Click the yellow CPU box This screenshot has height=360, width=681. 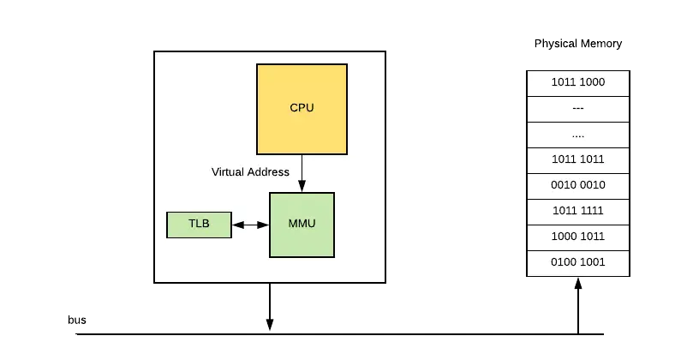(x=302, y=108)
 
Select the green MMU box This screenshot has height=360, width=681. (x=302, y=225)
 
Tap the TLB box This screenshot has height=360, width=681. (x=199, y=225)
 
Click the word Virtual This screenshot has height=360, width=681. (x=228, y=172)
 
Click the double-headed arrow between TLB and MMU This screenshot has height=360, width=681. (x=250, y=225)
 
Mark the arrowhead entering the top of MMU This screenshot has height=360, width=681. (x=302, y=188)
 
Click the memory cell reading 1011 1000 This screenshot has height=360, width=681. (x=578, y=83)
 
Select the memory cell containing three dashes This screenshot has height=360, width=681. (x=578, y=109)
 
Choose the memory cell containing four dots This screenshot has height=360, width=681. (x=578, y=135)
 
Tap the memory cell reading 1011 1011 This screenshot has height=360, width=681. (x=578, y=160)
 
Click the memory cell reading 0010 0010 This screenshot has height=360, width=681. (x=578, y=185)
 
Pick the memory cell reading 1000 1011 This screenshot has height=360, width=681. (x=578, y=237)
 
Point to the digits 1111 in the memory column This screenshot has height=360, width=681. (x=592, y=211)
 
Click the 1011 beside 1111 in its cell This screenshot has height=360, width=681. (x=565, y=211)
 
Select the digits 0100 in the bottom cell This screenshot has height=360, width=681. (x=565, y=262)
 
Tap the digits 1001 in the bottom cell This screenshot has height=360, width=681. (x=592, y=262)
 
